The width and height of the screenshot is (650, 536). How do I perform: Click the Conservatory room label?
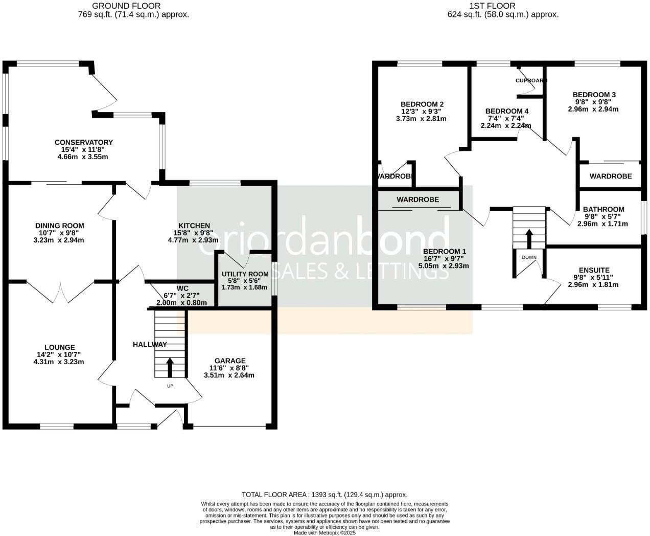pyautogui.click(x=83, y=142)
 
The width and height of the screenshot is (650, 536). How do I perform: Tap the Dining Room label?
pyautogui.click(x=59, y=226)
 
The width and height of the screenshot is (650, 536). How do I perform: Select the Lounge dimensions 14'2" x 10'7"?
pyautogui.click(x=59, y=354)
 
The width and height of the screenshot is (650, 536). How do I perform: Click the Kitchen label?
pyautogui.click(x=194, y=226)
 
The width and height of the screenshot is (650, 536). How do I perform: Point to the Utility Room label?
pyautogui.click(x=245, y=274)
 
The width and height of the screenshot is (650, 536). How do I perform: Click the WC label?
pyautogui.click(x=182, y=288)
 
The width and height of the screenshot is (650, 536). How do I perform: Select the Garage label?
pyautogui.click(x=230, y=361)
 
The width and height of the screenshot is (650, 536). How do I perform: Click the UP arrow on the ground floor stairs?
pyautogui.click(x=170, y=367)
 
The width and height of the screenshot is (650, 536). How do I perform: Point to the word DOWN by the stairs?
pyautogui.click(x=529, y=257)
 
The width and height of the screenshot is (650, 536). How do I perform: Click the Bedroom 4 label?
pyautogui.click(x=506, y=111)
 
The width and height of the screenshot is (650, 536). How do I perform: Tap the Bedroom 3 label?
pyautogui.click(x=594, y=95)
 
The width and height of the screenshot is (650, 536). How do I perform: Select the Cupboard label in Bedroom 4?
pyautogui.click(x=531, y=81)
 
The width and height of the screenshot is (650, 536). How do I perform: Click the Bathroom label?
pyautogui.click(x=603, y=209)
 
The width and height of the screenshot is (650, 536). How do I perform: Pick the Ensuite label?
pyautogui.click(x=594, y=270)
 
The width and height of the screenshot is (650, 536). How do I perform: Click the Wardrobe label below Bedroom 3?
pyautogui.click(x=610, y=176)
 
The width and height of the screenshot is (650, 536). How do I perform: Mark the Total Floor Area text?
pyautogui.click(x=324, y=495)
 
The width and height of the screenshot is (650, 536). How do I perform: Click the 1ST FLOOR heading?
pyautogui.click(x=492, y=6)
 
